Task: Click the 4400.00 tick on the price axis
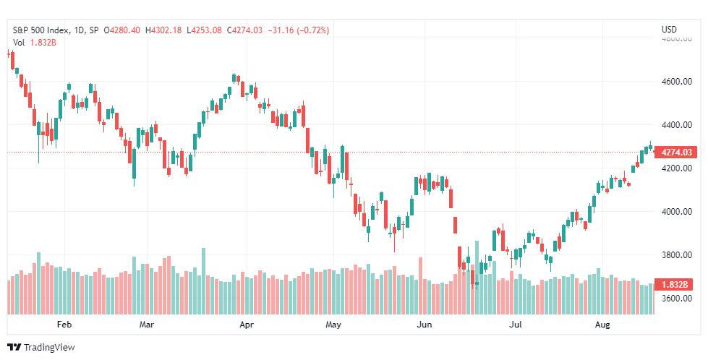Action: click(676, 124)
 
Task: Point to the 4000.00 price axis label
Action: click(676, 212)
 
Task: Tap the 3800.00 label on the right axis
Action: click(676, 255)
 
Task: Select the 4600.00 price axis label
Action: click(676, 81)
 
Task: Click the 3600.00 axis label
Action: click(676, 299)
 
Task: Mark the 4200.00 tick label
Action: click(676, 168)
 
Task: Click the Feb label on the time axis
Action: click(64, 325)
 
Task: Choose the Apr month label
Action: click(247, 325)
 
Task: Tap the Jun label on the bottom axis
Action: click(425, 325)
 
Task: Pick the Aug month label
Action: click(602, 325)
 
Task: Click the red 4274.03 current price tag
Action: click(676, 152)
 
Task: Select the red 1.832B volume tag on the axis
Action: click(676, 285)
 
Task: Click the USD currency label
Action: click(669, 30)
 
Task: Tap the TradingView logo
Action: click(41, 347)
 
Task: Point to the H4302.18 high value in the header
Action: click(163, 30)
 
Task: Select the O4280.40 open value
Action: click(122, 30)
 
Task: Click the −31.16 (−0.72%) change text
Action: click(299, 30)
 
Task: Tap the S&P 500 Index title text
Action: click(41, 30)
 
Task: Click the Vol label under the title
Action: click(19, 43)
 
